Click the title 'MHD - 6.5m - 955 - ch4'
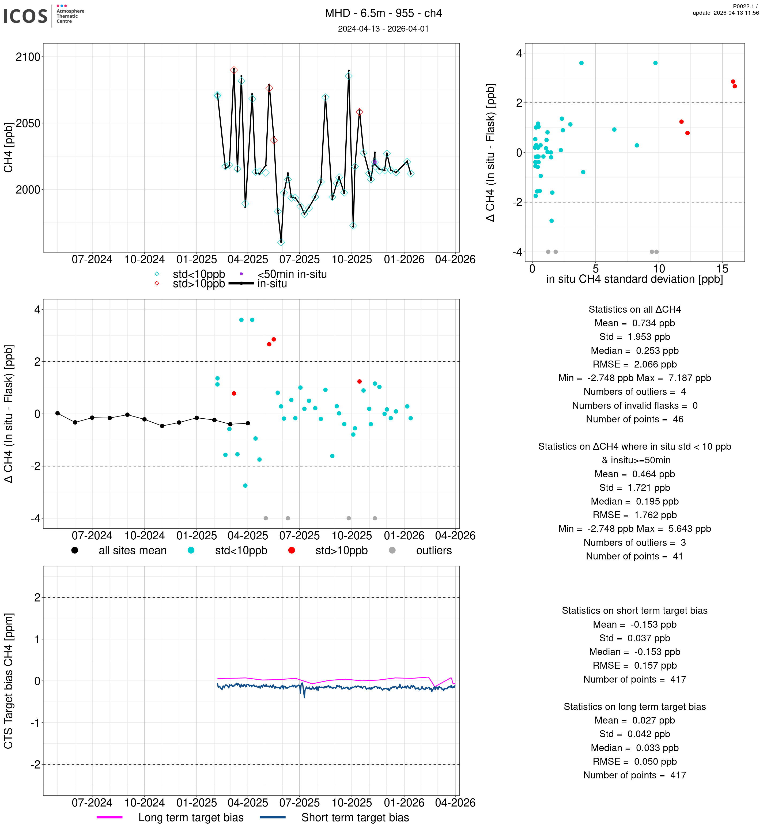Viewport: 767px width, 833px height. click(x=383, y=13)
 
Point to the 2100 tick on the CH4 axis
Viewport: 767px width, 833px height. click(x=28, y=57)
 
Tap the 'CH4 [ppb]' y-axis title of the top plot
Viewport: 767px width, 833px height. click(x=8, y=148)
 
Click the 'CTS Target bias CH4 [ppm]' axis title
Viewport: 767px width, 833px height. click(x=8, y=681)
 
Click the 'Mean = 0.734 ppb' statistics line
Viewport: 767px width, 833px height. click(x=634, y=323)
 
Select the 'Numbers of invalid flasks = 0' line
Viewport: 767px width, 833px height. click(x=634, y=406)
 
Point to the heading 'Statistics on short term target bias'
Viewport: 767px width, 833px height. click(x=634, y=611)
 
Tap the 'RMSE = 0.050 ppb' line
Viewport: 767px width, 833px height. click(x=634, y=762)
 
